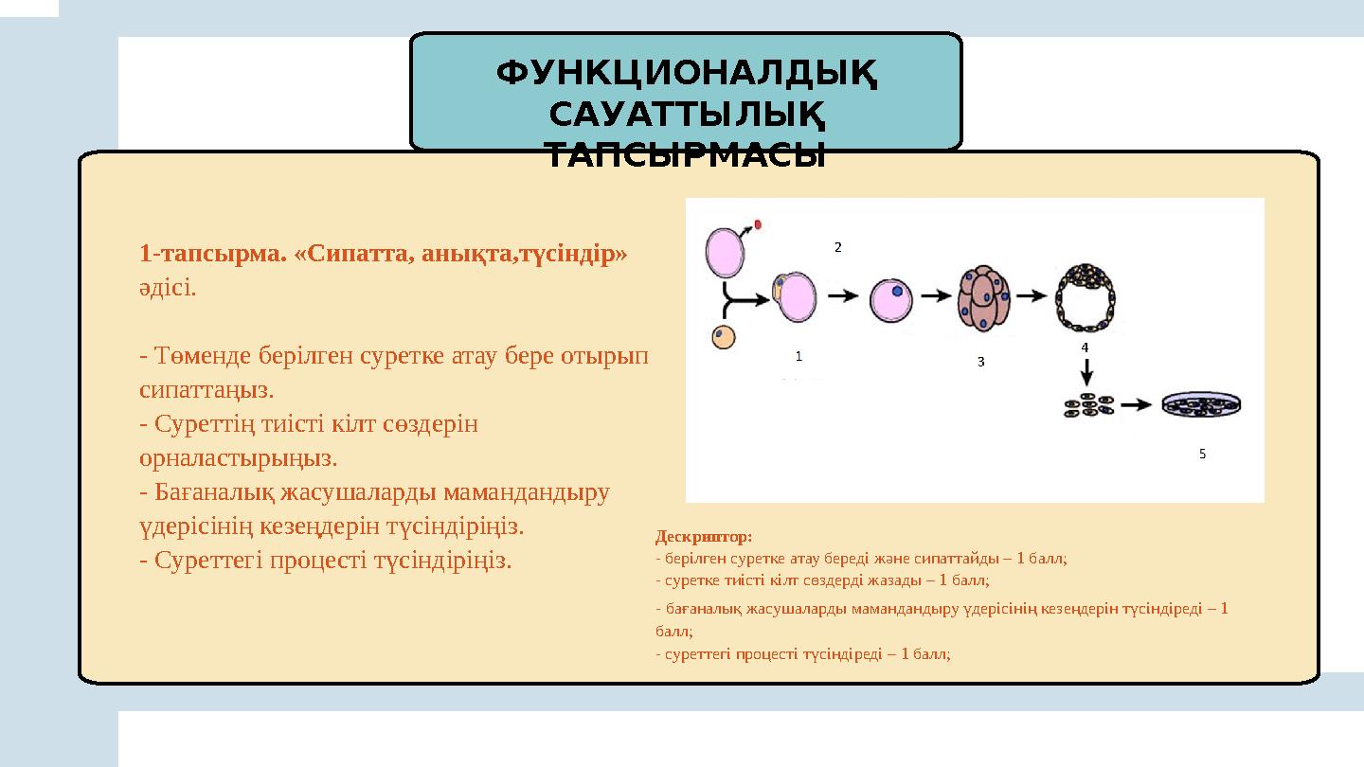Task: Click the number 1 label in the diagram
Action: [x=799, y=357]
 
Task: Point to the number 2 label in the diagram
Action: [x=837, y=247]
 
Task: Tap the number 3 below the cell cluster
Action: [x=980, y=362]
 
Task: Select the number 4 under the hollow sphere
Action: [x=1085, y=348]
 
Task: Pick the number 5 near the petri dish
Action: [x=1202, y=455]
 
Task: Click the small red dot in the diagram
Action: [x=758, y=224]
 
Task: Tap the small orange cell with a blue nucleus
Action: [x=725, y=336]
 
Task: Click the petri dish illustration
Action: [x=1201, y=404]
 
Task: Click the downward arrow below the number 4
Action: [x=1087, y=374]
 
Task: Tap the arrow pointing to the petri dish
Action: [x=1137, y=406]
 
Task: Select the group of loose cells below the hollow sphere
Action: [x=1088, y=406]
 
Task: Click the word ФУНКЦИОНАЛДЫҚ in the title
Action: [x=687, y=72]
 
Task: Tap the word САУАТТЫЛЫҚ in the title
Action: [x=687, y=114]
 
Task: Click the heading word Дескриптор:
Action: [x=703, y=537]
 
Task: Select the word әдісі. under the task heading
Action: [x=168, y=288]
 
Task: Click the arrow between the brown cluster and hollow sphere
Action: [x=1034, y=294]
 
